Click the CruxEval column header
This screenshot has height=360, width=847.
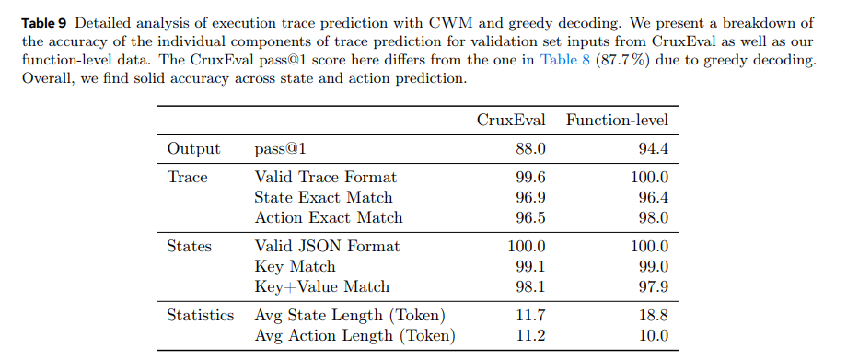tap(511, 120)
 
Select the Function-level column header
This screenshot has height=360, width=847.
tap(617, 120)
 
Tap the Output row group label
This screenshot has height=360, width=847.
tap(193, 148)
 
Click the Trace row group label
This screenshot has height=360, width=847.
tap(187, 177)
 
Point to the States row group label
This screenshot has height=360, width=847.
tap(189, 246)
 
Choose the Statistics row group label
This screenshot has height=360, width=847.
tap(201, 315)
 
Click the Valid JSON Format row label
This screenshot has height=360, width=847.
tap(327, 246)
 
